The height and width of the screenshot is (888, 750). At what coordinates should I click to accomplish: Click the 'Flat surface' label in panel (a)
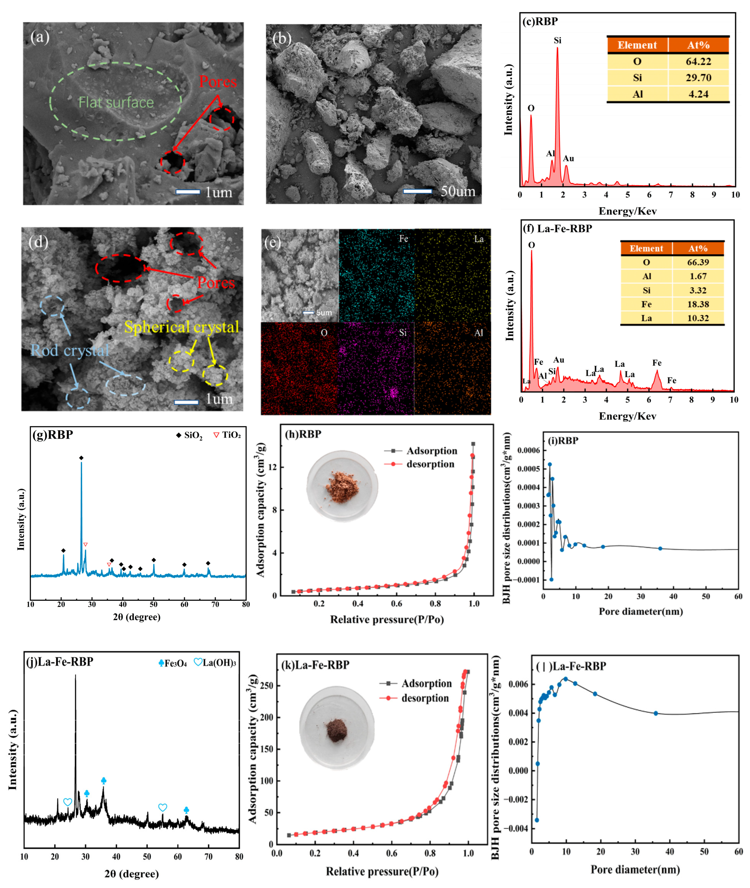(116, 103)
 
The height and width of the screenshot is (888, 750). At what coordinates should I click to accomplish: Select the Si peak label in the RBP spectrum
(557, 40)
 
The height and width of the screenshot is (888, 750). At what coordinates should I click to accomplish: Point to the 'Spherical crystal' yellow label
(182, 327)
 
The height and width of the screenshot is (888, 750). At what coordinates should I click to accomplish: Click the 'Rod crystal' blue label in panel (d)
(70, 350)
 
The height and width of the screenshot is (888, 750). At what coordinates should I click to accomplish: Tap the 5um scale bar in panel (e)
(308, 313)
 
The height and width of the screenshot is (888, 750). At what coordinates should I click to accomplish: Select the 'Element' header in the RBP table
(637, 45)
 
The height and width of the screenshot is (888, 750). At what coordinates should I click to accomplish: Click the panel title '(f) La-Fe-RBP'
(557, 229)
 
